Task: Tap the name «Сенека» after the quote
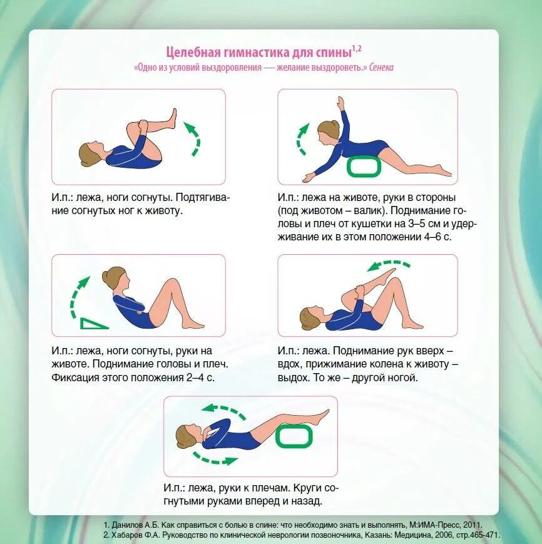[x=381, y=67]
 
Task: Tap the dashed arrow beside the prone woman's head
[x=302, y=139]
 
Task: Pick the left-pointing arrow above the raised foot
[x=389, y=265]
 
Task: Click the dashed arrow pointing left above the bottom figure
[x=223, y=410]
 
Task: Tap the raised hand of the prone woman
[x=339, y=102]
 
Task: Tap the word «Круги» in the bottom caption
[x=309, y=488]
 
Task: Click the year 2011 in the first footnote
[x=474, y=525]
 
